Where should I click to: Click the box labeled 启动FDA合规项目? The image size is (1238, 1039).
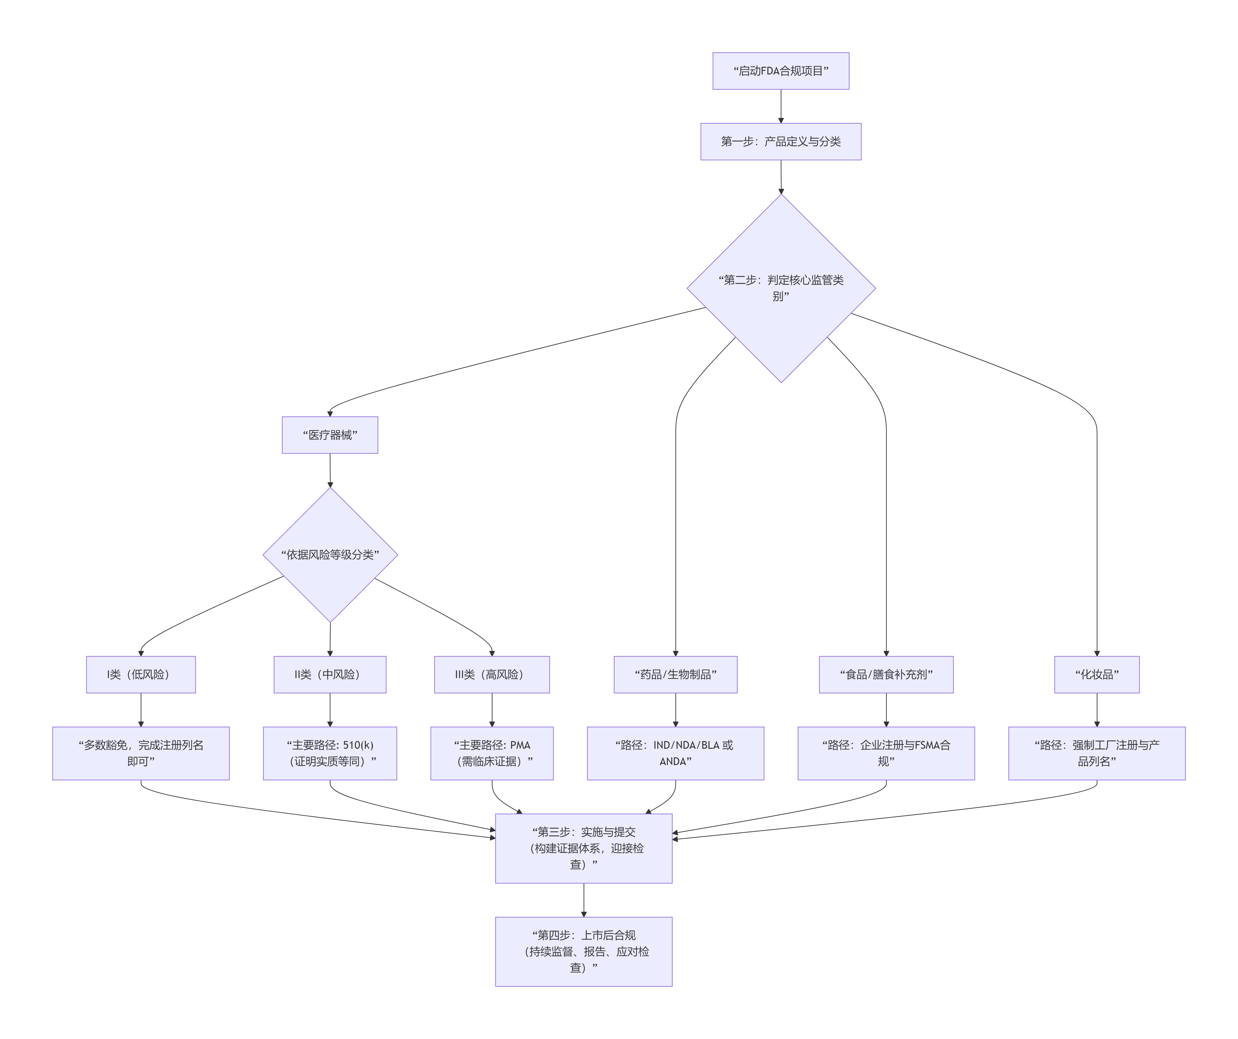pyautogui.click(x=781, y=71)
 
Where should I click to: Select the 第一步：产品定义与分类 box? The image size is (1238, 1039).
pyautogui.click(x=781, y=142)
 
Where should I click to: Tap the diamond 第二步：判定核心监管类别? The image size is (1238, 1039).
pyautogui.click(x=781, y=288)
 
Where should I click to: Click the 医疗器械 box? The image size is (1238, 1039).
pyautogui.click(x=330, y=435)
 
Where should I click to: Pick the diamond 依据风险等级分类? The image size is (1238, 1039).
pyautogui.click(x=330, y=554)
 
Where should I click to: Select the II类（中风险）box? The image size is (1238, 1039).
pyautogui.click(x=330, y=674)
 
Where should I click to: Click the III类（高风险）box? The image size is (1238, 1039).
pyautogui.click(x=492, y=674)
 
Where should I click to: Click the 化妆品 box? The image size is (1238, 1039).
pyautogui.click(x=1096, y=674)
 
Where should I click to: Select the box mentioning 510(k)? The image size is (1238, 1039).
pyautogui.click(x=330, y=753)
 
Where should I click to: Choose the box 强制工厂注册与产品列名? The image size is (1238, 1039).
pyautogui.click(x=1096, y=753)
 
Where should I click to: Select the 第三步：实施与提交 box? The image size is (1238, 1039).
pyautogui.click(x=584, y=848)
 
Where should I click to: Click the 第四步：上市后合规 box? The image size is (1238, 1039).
pyautogui.click(x=584, y=951)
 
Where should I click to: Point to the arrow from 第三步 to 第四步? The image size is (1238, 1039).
pyautogui.click(x=584, y=900)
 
